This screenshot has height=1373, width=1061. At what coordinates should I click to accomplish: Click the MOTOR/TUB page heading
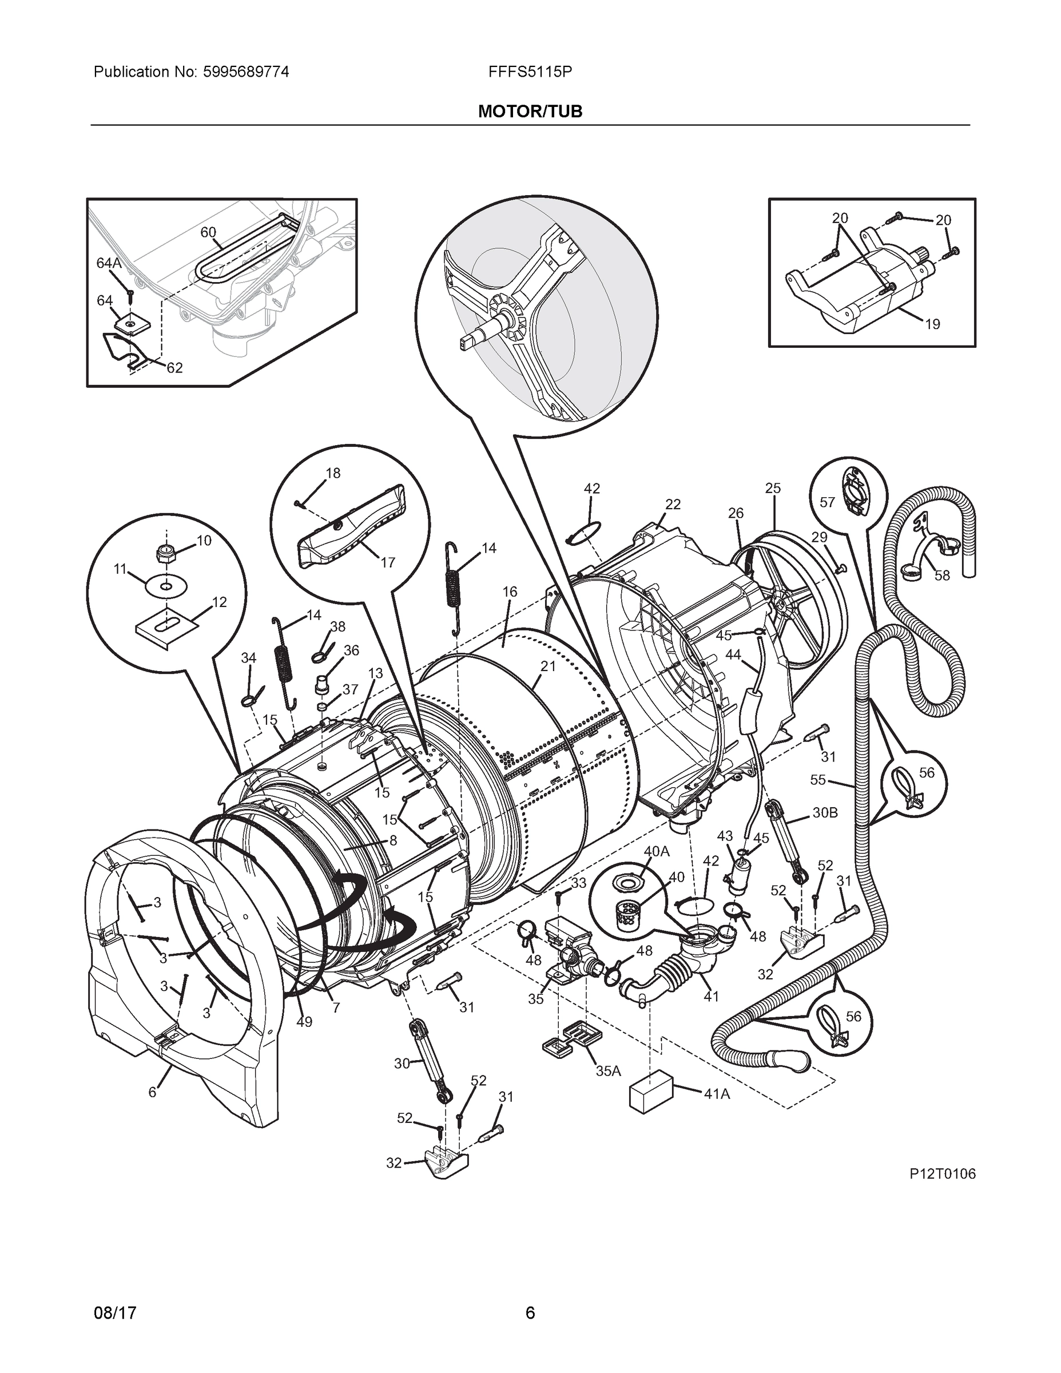(x=530, y=112)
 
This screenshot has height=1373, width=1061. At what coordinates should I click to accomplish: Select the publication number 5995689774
(x=246, y=72)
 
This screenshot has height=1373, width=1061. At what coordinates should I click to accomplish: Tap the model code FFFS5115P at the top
(x=529, y=72)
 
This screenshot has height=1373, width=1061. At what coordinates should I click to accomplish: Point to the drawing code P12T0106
(x=941, y=1174)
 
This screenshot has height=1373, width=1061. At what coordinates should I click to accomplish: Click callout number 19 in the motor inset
(x=932, y=324)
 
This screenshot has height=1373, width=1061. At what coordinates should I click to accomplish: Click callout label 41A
(x=717, y=1094)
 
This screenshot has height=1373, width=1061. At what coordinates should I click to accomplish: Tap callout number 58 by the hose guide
(x=941, y=575)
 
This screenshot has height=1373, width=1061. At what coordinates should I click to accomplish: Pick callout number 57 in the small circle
(x=827, y=502)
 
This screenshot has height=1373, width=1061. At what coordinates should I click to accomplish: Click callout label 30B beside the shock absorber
(x=825, y=812)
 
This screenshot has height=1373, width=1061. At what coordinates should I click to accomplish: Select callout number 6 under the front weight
(x=152, y=1093)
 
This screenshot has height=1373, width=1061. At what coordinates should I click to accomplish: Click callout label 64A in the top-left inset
(x=108, y=263)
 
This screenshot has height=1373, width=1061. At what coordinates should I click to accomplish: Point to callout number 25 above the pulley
(x=773, y=488)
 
